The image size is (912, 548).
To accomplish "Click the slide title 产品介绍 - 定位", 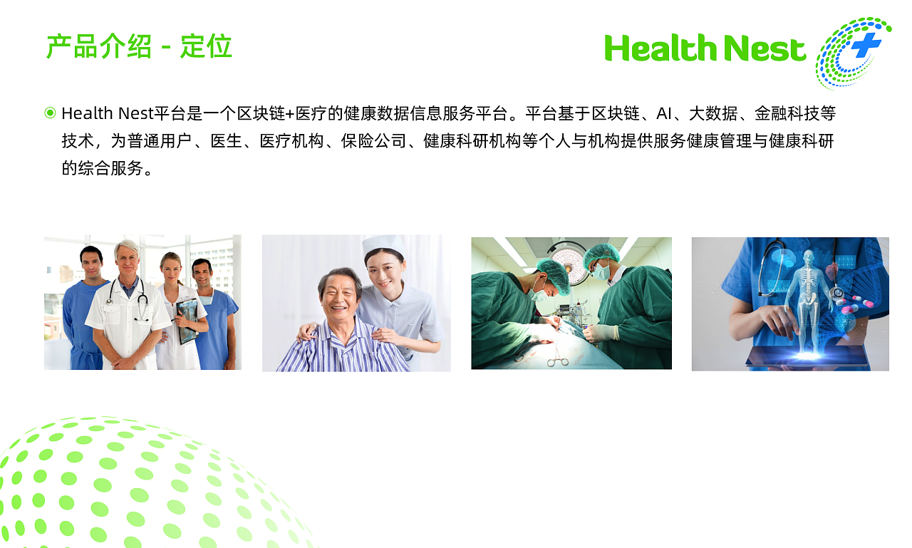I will click(x=139, y=47).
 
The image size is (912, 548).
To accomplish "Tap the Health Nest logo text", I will click(x=705, y=48).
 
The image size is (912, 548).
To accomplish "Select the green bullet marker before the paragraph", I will click(x=50, y=113).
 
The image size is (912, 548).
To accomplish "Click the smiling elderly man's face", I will click(x=341, y=294).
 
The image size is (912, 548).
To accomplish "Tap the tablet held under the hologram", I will click(x=798, y=356).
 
